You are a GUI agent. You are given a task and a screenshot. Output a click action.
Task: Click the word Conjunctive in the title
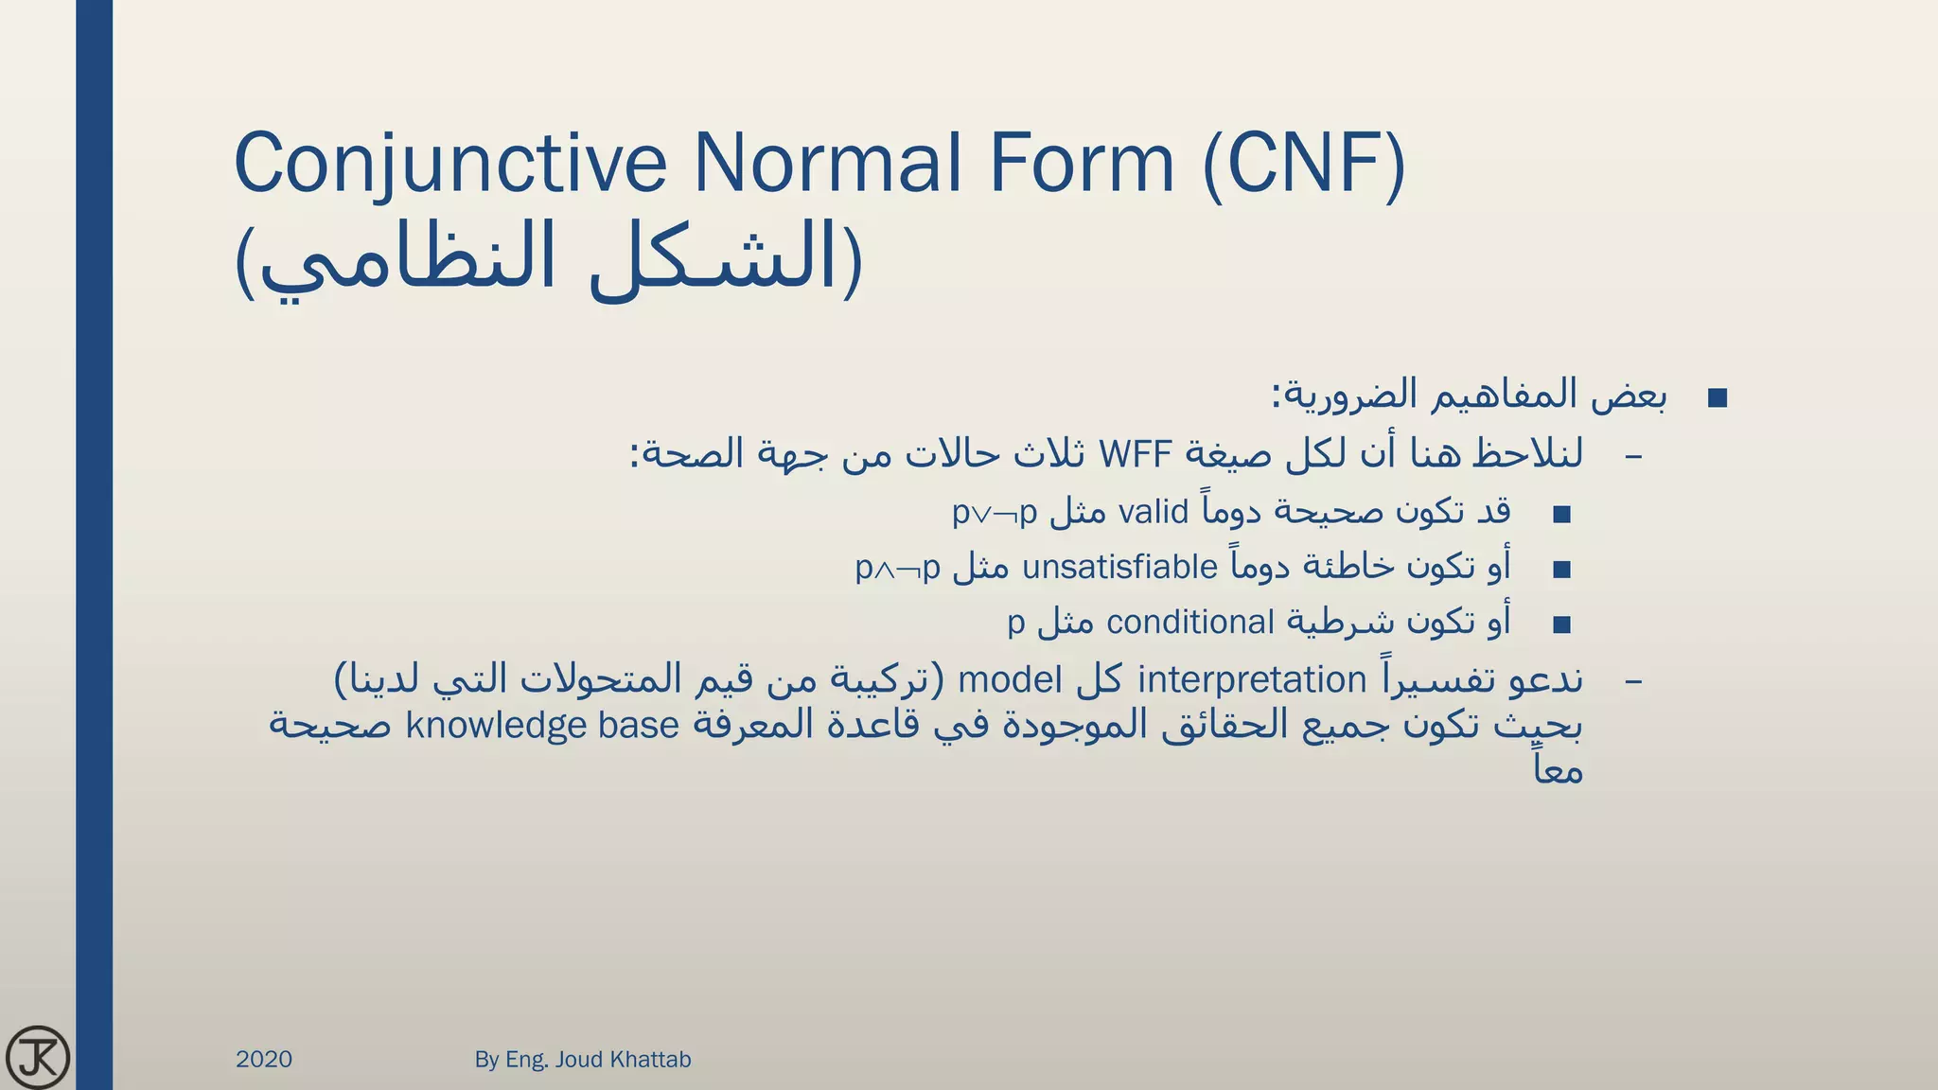(450, 165)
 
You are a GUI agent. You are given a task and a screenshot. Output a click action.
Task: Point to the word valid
(1153, 512)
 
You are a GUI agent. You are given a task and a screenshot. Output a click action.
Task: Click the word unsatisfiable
(1119, 567)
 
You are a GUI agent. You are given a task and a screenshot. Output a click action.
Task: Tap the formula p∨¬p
(995, 514)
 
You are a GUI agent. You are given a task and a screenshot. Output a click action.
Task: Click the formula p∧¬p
(898, 569)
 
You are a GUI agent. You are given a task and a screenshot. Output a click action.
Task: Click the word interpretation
(1252, 679)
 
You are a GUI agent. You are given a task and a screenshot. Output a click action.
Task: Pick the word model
(1012, 679)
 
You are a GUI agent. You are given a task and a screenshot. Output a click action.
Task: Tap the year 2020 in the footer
(264, 1059)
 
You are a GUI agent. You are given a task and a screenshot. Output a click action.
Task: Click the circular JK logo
(38, 1057)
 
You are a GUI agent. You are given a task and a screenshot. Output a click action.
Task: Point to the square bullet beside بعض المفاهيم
(1718, 398)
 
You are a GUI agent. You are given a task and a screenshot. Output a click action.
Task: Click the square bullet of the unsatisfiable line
(1561, 570)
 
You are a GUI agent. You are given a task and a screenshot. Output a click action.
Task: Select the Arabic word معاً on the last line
(1558, 769)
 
